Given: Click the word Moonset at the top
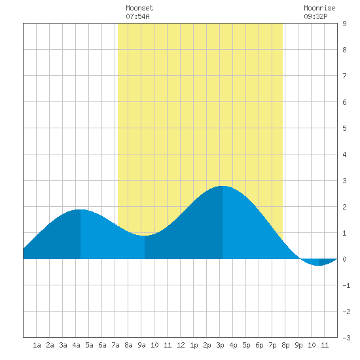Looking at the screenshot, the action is point(139,8).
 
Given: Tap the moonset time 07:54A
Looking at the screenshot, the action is point(137,16).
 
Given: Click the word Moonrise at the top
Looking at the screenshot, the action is point(319,8).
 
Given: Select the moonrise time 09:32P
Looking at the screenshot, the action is point(315,16).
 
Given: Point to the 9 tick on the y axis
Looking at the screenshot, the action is point(344,24).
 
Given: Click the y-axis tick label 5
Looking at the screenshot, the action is point(344,128).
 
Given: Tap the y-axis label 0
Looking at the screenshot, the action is point(344,259).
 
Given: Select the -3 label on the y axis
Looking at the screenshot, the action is point(346,338).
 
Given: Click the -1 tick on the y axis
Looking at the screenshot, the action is point(346,285).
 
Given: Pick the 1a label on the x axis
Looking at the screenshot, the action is point(37,345).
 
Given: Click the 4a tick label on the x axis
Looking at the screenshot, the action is point(76,345).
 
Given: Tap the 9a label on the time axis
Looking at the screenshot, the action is point(141,345).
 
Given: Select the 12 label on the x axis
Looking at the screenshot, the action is point(181,345).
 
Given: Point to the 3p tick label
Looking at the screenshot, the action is point(220,345).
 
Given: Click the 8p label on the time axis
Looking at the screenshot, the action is point(285,345).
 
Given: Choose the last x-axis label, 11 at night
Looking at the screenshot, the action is point(325,345).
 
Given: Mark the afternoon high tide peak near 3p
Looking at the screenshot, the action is point(223,186).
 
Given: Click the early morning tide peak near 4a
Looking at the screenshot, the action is point(81,209).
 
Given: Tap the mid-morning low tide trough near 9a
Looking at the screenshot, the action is point(145,236).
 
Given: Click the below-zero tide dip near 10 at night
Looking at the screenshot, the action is point(319,265).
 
